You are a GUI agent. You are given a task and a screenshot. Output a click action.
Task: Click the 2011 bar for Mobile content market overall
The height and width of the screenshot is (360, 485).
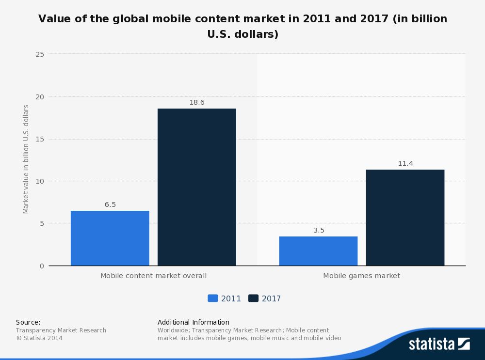(x=110, y=238)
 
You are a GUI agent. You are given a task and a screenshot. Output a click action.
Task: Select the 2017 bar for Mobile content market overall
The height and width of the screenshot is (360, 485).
(x=196, y=187)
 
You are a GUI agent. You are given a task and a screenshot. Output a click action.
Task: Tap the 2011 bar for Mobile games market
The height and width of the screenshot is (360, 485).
(x=318, y=251)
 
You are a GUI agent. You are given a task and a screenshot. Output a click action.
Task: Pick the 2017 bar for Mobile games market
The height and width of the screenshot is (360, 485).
(x=405, y=218)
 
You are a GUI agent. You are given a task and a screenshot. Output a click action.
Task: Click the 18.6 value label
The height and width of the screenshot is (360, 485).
(x=196, y=103)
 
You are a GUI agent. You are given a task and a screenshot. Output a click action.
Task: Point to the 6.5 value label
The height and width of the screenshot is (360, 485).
(x=110, y=204)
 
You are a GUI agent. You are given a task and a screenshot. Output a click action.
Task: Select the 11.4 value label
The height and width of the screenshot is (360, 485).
(x=405, y=164)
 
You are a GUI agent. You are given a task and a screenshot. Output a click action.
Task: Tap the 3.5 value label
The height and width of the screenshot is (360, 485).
(x=319, y=230)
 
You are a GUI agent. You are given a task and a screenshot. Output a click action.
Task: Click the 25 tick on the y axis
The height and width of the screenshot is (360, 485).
(x=40, y=54)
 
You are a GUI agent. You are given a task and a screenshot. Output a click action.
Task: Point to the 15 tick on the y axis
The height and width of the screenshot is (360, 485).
(x=40, y=139)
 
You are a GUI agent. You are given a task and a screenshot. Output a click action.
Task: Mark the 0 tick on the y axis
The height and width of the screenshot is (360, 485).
(x=42, y=266)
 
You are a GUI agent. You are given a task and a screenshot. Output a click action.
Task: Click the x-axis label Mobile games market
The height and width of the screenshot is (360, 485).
(x=361, y=276)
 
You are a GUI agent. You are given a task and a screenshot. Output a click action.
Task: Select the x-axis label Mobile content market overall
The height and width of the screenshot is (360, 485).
(x=153, y=276)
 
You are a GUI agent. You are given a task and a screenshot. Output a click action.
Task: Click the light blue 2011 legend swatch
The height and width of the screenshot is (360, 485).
(x=212, y=298)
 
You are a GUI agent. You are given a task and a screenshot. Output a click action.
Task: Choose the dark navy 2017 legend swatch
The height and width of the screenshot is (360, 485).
(x=253, y=298)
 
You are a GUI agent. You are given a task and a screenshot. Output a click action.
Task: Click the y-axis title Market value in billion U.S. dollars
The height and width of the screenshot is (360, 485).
(x=26, y=159)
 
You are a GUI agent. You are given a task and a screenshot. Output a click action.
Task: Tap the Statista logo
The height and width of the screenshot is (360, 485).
(x=439, y=344)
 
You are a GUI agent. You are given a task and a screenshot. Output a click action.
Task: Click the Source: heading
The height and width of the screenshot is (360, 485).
(x=28, y=322)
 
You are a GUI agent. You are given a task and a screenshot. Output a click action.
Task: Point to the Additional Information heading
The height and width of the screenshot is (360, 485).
(x=193, y=322)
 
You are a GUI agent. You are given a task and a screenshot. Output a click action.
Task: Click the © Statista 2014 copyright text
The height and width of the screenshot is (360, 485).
(x=39, y=338)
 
